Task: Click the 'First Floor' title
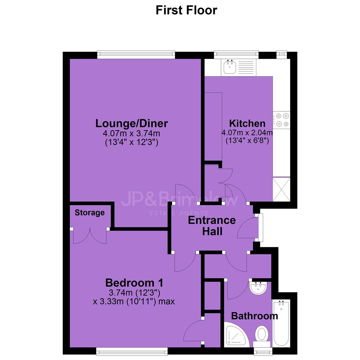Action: [x=186, y=10]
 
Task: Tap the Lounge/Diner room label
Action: [x=132, y=124]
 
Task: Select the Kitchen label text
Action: [x=247, y=124]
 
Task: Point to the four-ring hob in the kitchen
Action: [x=281, y=120]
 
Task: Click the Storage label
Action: [x=90, y=213]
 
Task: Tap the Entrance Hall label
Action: [x=212, y=226]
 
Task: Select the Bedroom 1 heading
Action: [x=134, y=283]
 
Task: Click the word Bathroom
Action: [x=254, y=316]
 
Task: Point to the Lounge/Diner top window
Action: [x=136, y=54]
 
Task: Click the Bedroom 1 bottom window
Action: [x=132, y=352]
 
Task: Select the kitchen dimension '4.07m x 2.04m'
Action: [x=247, y=132]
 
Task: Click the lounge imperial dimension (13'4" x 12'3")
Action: [x=132, y=142]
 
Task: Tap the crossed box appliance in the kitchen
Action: [x=281, y=189]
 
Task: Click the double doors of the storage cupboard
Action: [x=90, y=236]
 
